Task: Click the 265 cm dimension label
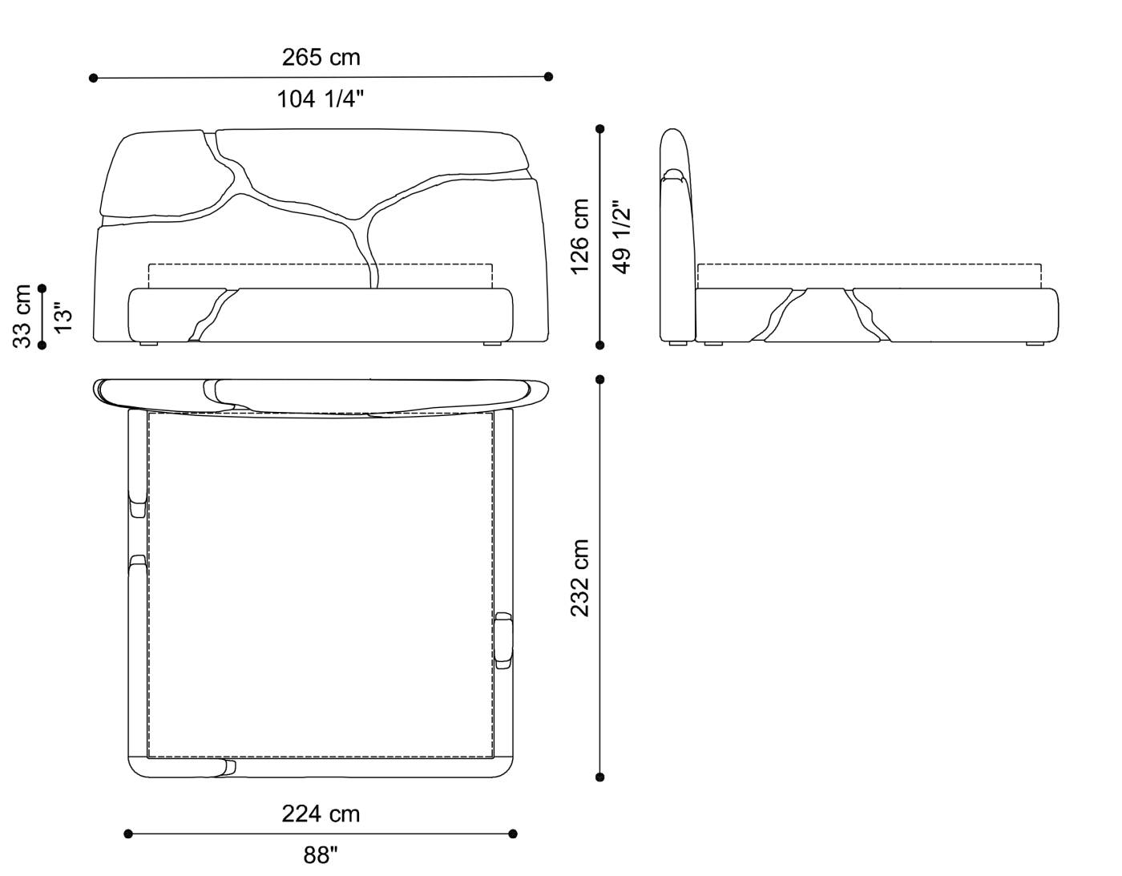(x=321, y=58)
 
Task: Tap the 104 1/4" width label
(x=321, y=99)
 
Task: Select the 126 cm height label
(x=580, y=236)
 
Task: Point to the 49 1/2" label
(x=622, y=236)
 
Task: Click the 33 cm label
(x=22, y=316)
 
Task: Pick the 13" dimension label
(x=63, y=316)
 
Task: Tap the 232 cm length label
(x=580, y=577)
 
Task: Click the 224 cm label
(x=321, y=814)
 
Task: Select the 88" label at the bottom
(x=321, y=856)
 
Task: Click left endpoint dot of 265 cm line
(x=94, y=78)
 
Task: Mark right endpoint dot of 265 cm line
(x=548, y=77)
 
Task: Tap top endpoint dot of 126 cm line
(x=600, y=128)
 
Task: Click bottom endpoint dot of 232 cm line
(x=600, y=777)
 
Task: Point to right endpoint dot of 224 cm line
(x=513, y=834)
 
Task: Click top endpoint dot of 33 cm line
(x=42, y=288)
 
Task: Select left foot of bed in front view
(x=148, y=345)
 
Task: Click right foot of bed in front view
(x=493, y=345)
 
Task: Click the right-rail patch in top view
(x=503, y=639)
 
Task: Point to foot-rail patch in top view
(x=226, y=768)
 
